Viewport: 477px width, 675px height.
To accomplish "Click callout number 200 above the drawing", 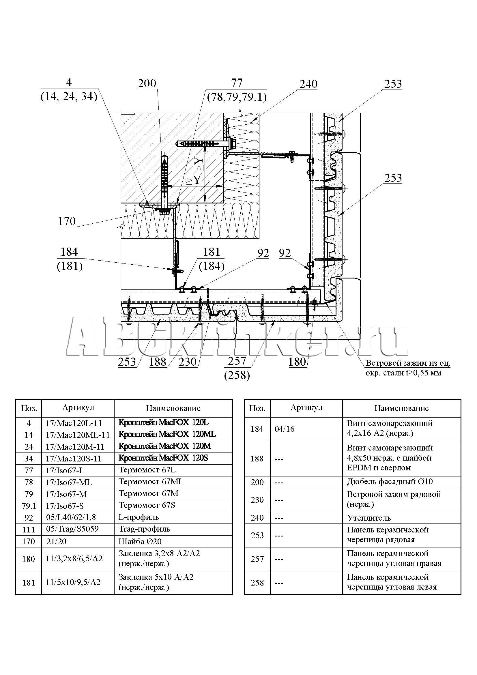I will (147, 83).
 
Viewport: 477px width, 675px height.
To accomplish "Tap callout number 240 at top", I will (308, 84).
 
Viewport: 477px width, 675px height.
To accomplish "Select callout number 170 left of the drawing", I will (67, 221).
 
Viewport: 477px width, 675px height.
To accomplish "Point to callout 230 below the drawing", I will (188, 362).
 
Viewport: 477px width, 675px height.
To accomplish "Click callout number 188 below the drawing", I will (158, 362).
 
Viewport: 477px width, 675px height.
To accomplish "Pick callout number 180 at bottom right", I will (297, 362).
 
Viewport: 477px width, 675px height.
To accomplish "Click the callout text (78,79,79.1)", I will (237, 97).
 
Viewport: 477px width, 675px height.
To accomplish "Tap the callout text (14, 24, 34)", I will (69, 96).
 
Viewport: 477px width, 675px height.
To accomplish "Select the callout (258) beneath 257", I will (237, 375).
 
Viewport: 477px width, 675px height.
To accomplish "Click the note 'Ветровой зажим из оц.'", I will (408, 363).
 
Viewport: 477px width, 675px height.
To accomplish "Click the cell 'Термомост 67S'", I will (147, 505).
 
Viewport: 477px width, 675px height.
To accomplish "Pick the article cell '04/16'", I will (285, 429).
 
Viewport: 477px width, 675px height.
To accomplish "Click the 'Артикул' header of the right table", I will (306, 408).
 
